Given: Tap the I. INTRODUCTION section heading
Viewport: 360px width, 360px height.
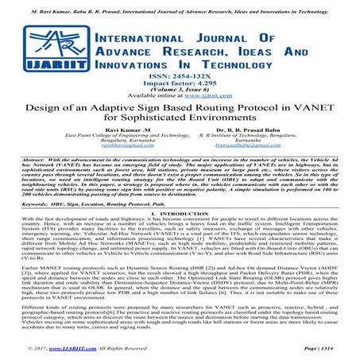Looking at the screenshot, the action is [x=180, y=250].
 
